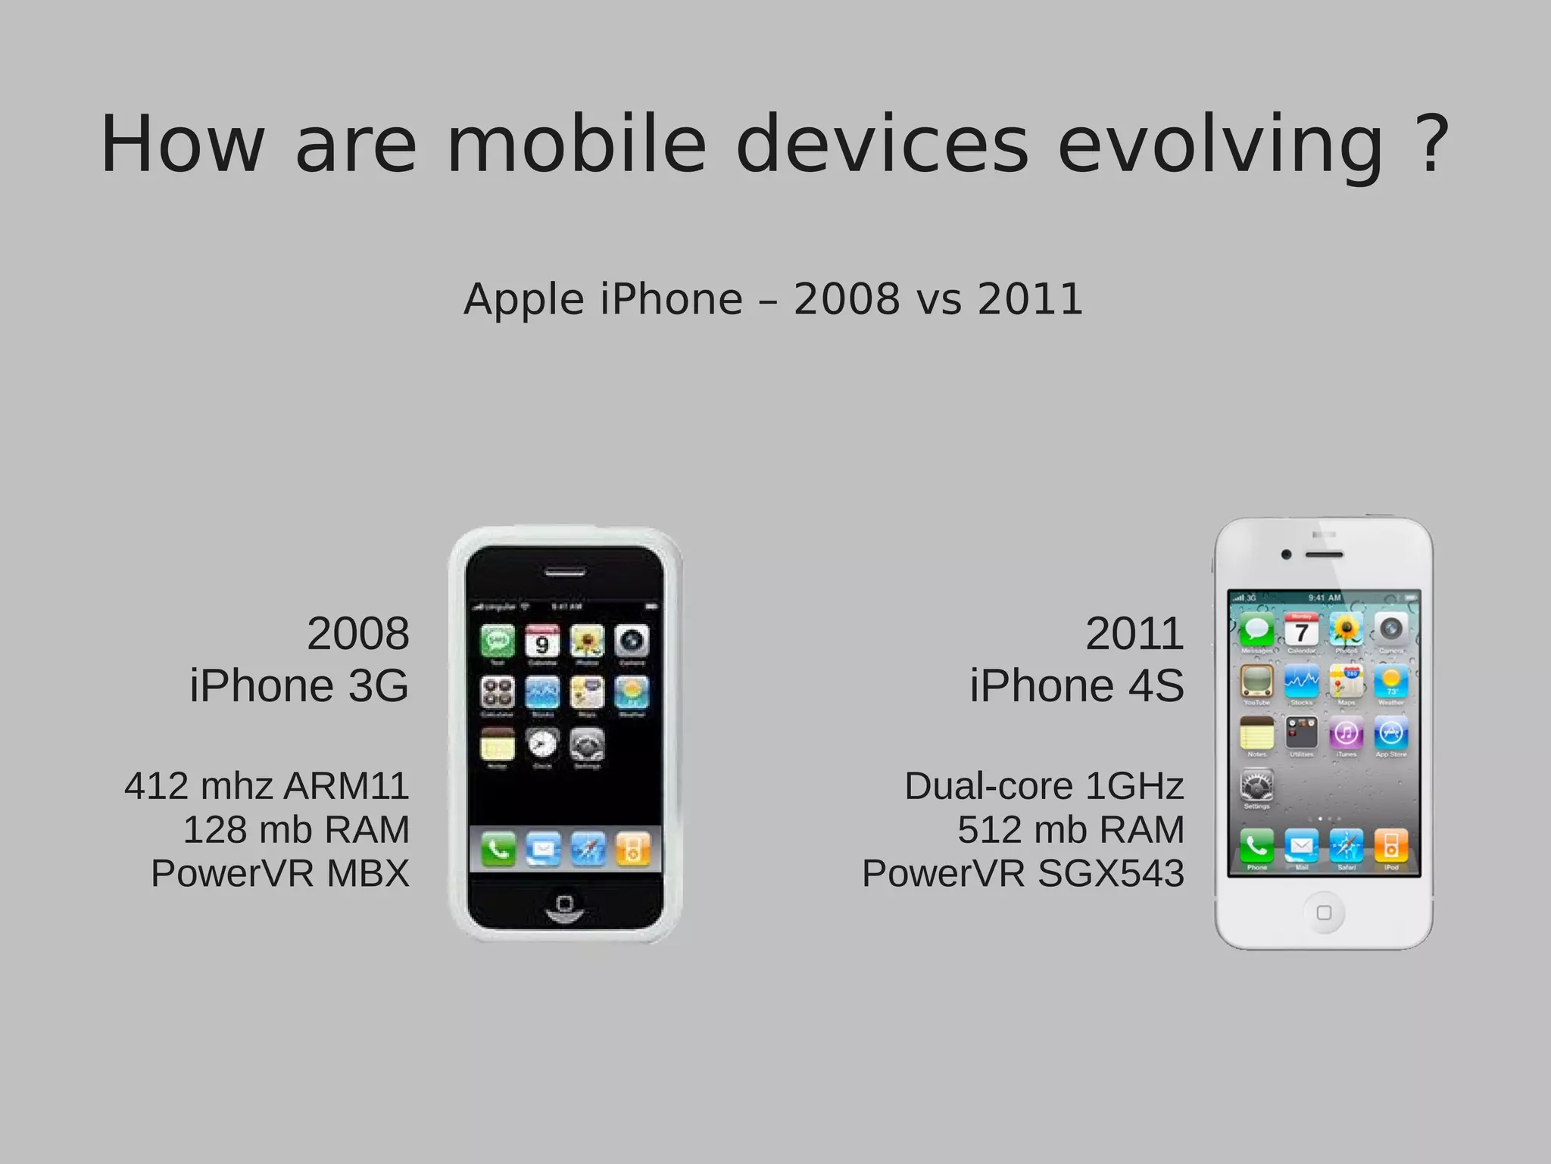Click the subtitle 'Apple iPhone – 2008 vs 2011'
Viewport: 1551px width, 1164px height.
coord(773,298)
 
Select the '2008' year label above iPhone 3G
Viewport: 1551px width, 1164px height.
coord(357,633)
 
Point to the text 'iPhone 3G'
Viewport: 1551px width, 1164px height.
coord(299,685)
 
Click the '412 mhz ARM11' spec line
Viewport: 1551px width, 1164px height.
coord(267,785)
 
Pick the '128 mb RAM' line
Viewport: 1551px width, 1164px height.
coord(296,829)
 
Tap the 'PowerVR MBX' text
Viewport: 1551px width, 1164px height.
coord(279,873)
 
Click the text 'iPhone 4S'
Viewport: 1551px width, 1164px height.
coord(1076,685)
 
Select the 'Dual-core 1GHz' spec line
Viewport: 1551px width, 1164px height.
coord(1044,785)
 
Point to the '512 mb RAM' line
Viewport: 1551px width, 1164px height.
coord(1070,829)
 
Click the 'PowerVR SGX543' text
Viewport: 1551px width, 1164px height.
coord(1022,873)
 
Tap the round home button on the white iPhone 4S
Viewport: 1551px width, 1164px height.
coord(1324,913)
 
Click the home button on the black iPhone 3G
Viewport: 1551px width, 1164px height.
coord(564,904)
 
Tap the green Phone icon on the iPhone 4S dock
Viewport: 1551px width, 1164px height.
coord(1256,845)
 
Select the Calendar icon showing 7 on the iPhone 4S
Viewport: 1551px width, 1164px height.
coord(1301,630)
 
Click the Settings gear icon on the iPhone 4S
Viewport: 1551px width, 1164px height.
coord(1256,786)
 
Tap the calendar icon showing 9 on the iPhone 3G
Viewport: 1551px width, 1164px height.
coord(542,642)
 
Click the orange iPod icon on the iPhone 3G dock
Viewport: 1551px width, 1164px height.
coord(632,849)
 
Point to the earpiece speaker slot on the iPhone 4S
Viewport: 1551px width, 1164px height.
coord(1324,555)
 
